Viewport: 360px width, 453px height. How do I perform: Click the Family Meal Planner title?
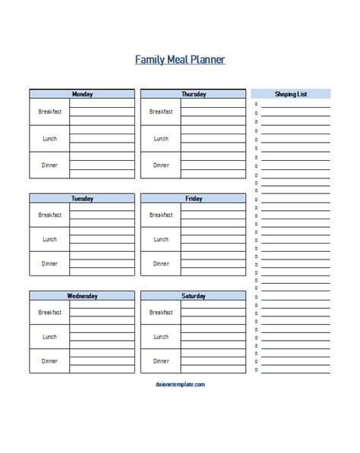[x=179, y=59]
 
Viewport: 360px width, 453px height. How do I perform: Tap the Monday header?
[x=82, y=94]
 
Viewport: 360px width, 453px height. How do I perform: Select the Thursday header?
[x=193, y=94]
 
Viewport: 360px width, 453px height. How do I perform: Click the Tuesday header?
[x=82, y=199]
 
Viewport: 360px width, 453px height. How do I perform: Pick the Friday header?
[x=193, y=199]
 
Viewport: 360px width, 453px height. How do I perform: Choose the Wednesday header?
[x=82, y=296]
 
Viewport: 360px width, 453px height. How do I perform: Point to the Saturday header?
[x=193, y=296]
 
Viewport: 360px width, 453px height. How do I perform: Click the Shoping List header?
[x=291, y=94]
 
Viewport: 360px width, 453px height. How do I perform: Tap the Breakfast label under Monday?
[x=49, y=112]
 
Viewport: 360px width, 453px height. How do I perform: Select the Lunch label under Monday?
[x=49, y=139]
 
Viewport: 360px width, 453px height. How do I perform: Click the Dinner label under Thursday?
[x=161, y=165]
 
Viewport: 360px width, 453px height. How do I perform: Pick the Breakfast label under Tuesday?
[x=49, y=215]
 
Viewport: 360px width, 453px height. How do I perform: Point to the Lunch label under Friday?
[x=161, y=239]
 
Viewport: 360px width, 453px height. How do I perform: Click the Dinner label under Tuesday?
[x=49, y=263]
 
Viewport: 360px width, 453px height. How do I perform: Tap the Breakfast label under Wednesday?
[x=49, y=312]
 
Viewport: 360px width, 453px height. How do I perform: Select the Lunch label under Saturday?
[x=161, y=336]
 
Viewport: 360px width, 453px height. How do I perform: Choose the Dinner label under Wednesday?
[x=49, y=360]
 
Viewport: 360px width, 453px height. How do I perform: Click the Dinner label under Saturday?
[x=161, y=360]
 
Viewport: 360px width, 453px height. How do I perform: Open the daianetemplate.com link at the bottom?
[x=179, y=385]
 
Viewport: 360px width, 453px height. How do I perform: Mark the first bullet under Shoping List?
[x=257, y=104]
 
